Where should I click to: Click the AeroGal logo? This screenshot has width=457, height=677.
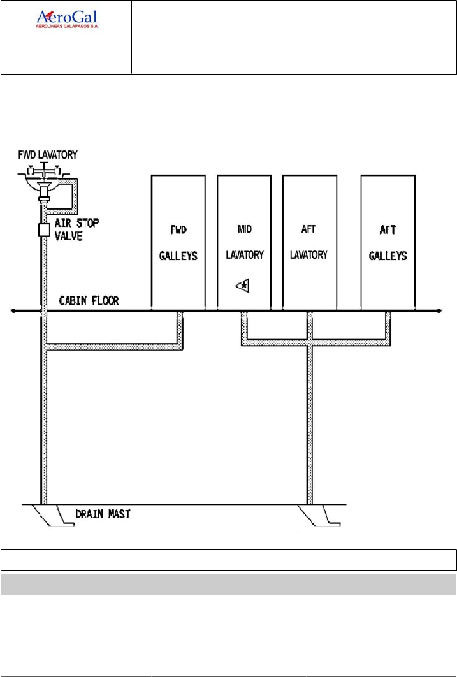pyautogui.click(x=66, y=18)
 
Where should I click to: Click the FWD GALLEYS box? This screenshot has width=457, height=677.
pyautogui.click(x=178, y=242)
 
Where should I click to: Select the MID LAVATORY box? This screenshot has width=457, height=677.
pyautogui.click(x=245, y=242)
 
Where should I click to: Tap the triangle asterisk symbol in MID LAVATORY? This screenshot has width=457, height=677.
pyautogui.click(x=243, y=286)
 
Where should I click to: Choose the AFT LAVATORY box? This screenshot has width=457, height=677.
pyautogui.click(x=308, y=242)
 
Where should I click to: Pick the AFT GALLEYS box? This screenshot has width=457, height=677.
pyautogui.click(x=388, y=242)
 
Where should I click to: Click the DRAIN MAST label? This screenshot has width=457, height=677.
pyautogui.click(x=103, y=513)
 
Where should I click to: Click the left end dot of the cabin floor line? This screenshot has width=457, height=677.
pyautogui.click(x=13, y=311)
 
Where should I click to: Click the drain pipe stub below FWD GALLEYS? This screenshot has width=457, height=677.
pyautogui.click(x=180, y=319)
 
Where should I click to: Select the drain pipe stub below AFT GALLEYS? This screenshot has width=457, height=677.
pyautogui.click(x=388, y=319)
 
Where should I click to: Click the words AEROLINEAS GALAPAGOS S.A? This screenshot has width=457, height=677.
pyautogui.click(x=70, y=27)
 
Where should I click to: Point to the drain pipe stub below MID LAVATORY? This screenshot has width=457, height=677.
pyautogui.click(x=244, y=319)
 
